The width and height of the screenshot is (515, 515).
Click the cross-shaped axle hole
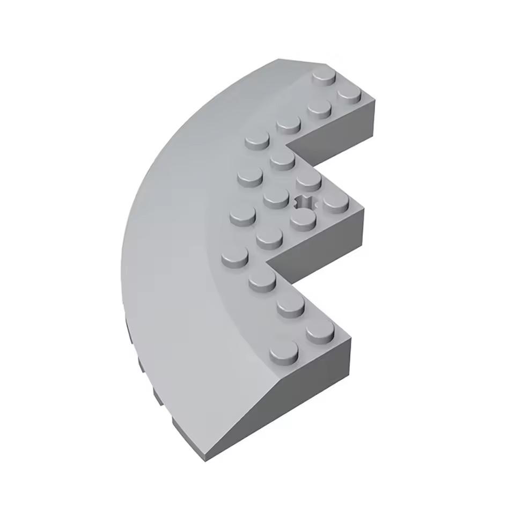(306, 203)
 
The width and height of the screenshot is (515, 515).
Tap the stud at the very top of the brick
(325, 77)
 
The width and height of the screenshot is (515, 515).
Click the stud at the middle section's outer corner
(336, 202)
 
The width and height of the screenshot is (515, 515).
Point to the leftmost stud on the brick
(235, 258)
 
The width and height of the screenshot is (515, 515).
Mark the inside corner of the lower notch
(267, 262)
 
